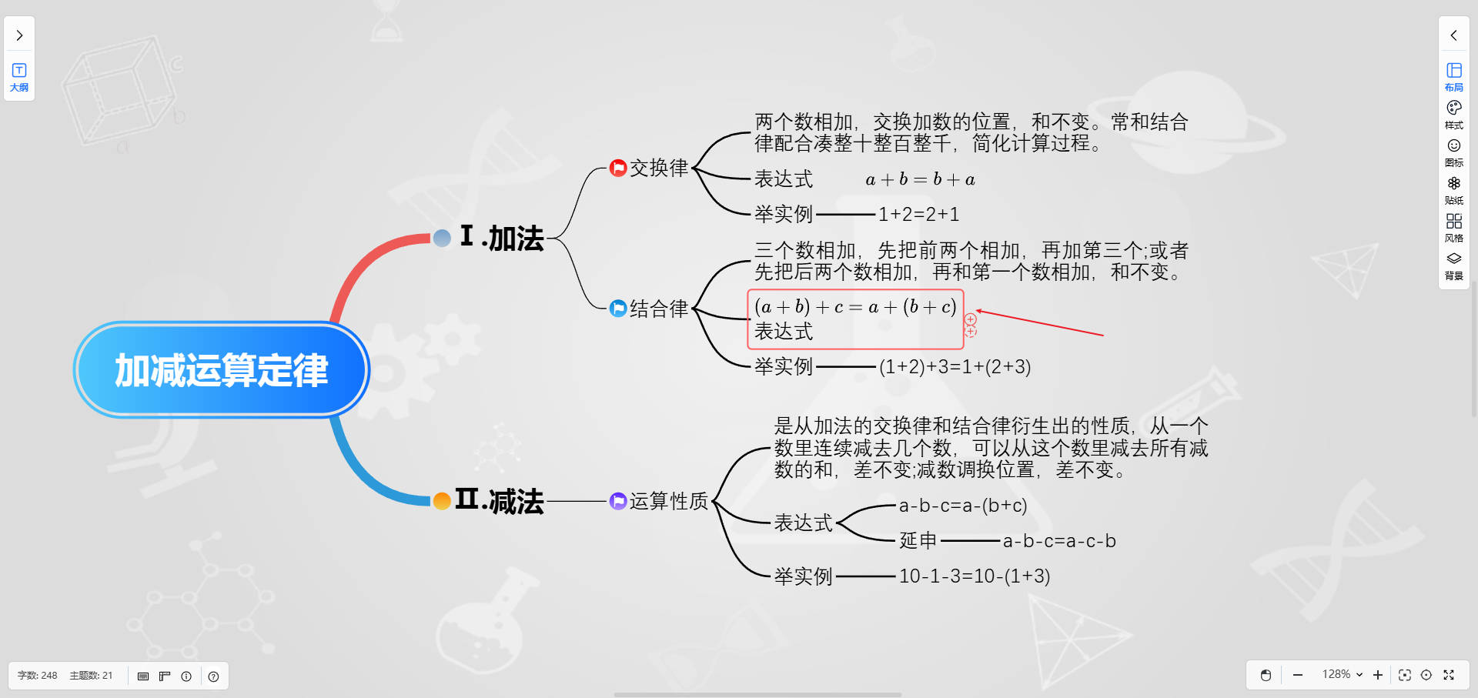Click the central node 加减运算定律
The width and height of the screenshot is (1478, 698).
click(222, 370)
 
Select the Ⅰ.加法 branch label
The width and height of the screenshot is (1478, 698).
click(502, 238)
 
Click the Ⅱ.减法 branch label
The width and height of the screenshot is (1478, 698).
click(500, 501)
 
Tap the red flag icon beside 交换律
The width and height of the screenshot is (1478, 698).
click(617, 168)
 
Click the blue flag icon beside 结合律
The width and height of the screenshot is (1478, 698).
click(617, 309)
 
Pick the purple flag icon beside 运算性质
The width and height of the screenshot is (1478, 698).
click(617, 501)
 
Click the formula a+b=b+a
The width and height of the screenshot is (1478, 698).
click(920, 179)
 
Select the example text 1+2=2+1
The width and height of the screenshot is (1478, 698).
click(918, 214)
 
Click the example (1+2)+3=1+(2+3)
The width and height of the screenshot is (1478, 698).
click(955, 366)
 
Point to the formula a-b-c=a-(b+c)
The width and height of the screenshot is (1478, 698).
click(962, 506)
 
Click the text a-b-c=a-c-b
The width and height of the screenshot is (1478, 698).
click(1058, 541)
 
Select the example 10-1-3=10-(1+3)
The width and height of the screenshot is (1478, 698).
click(974, 576)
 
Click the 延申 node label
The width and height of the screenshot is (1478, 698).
click(918, 540)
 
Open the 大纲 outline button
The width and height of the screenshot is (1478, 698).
click(19, 77)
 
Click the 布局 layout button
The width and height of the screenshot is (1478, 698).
click(1453, 77)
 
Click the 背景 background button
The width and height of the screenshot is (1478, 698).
click(1453, 266)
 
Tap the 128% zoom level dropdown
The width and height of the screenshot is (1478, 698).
click(1342, 675)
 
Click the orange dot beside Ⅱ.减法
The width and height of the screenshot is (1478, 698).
click(442, 501)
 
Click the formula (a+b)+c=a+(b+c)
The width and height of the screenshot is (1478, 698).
click(855, 307)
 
